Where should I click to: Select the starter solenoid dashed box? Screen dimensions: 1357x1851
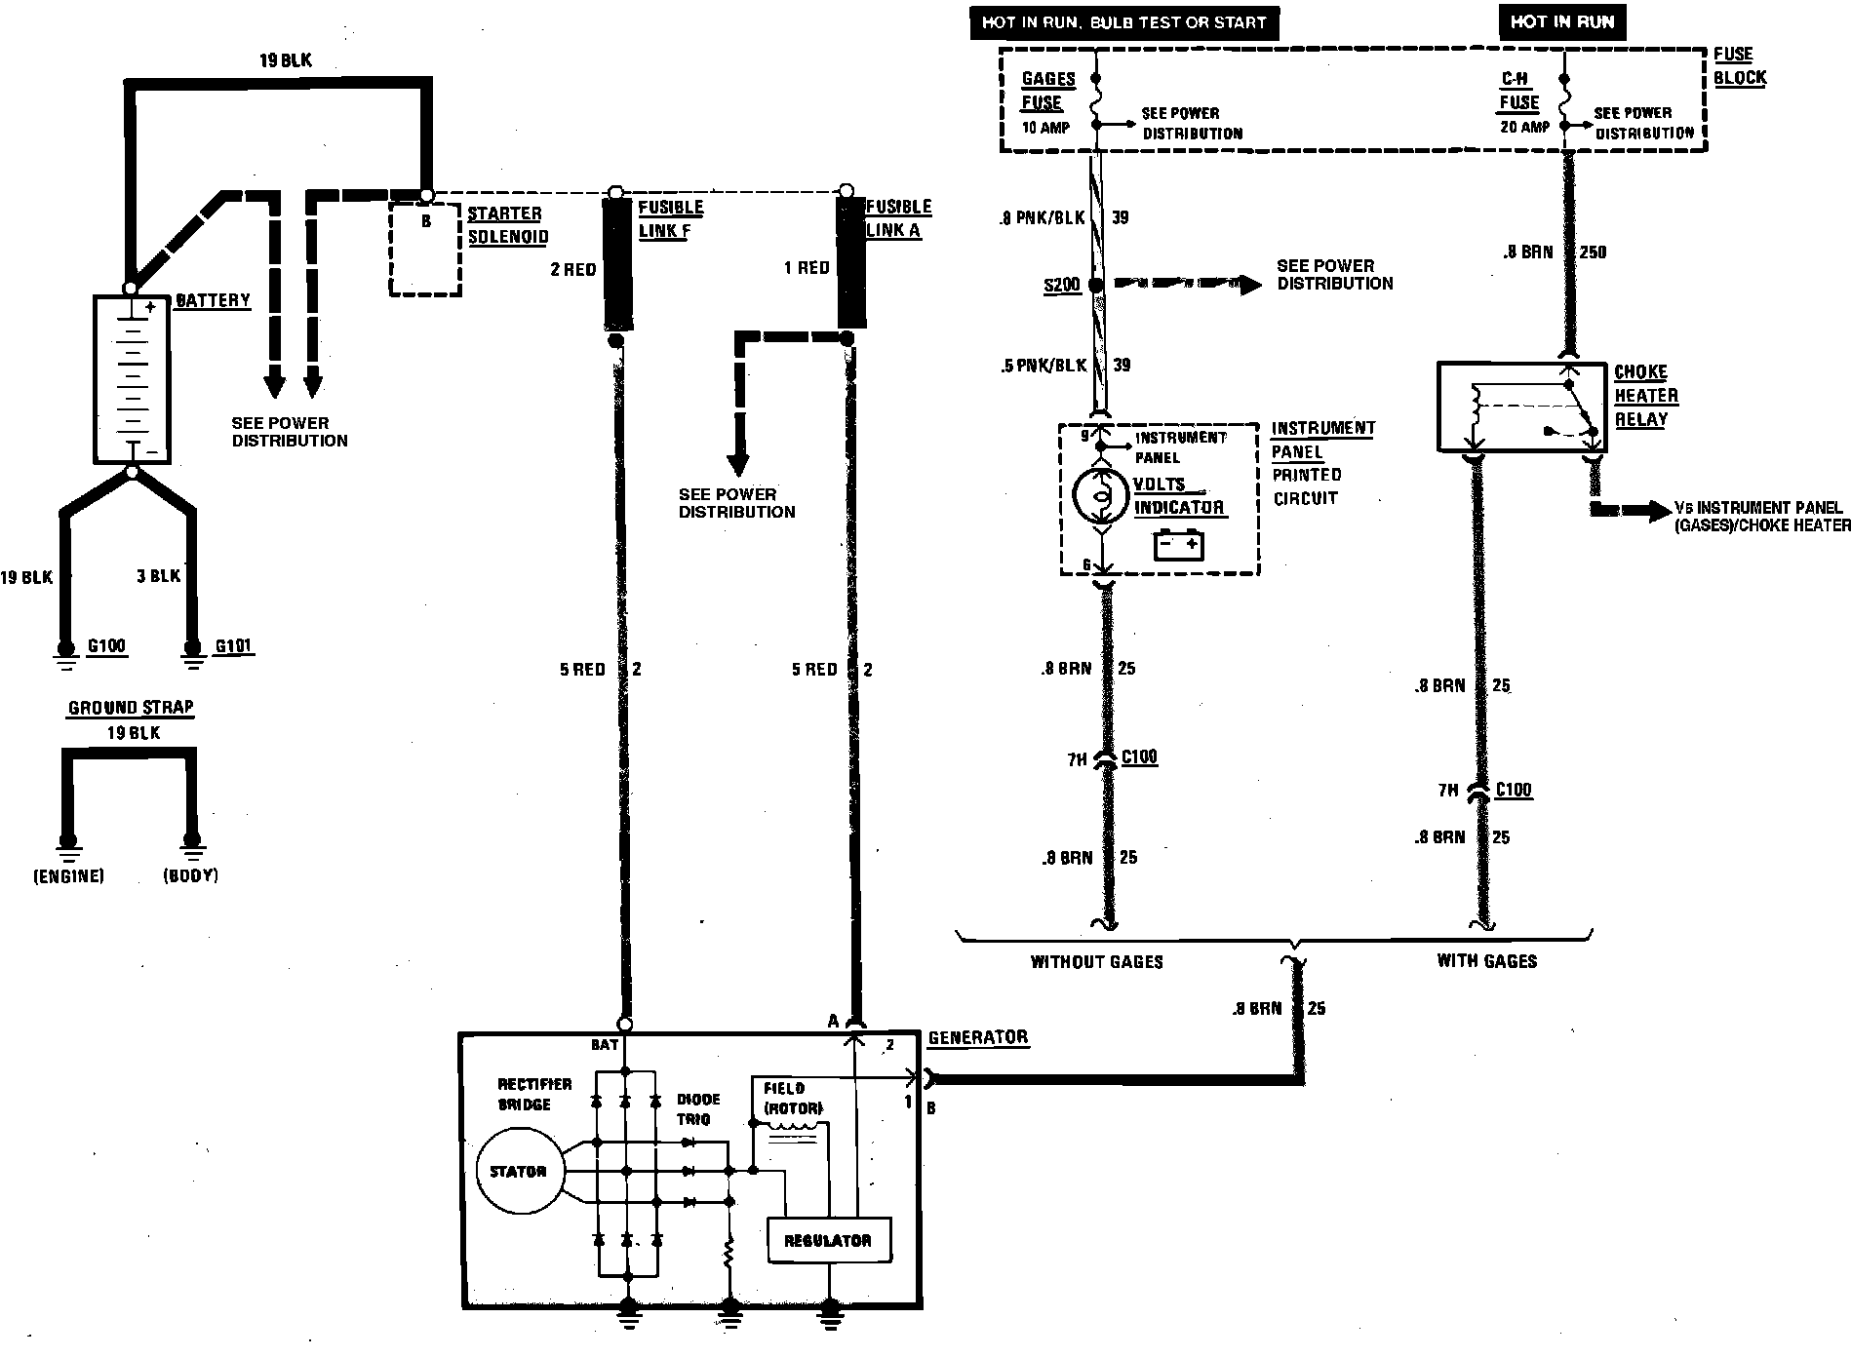click(425, 250)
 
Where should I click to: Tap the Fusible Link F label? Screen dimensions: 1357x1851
click(670, 219)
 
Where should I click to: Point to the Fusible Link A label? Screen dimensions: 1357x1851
click(898, 218)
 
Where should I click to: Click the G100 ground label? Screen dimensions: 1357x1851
click(106, 646)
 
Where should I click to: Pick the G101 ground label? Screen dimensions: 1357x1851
click(234, 646)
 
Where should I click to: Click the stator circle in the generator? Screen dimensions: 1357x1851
click(518, 1171)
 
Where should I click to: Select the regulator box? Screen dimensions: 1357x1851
click(828, 1240)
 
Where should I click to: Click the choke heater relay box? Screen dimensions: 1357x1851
click(1521, 407)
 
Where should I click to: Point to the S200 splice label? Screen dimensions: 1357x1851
click(1062, 286)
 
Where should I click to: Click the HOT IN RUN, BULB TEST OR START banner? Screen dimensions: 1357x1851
click(1123, 22)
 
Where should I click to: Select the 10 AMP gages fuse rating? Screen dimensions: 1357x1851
click(1045, 128)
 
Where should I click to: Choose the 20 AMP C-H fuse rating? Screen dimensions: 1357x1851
click(1524, 127)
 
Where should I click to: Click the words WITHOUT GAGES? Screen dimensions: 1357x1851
click(1096, 962)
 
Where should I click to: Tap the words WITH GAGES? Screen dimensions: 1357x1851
click(1486, 961)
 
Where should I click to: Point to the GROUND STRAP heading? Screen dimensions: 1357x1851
click(131, 708)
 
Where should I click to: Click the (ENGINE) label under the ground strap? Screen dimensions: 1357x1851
click(68, 876)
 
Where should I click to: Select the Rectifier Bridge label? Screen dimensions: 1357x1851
click(534, 1094)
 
